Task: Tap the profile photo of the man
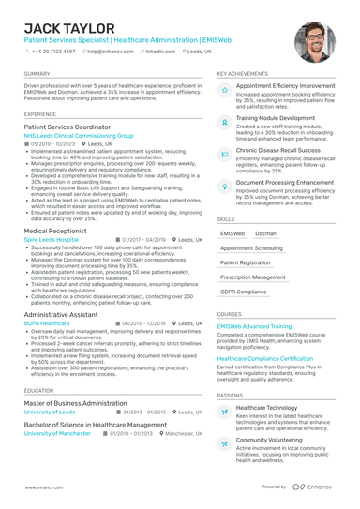(314, 43)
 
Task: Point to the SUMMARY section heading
(37, 73)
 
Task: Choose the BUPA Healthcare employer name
(47, 322)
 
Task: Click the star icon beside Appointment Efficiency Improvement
(224, 91)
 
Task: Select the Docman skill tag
(265, 233)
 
